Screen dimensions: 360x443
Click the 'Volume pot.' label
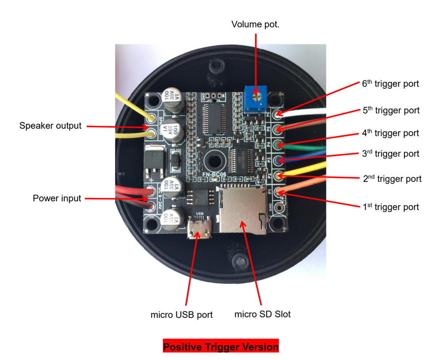[255, 24]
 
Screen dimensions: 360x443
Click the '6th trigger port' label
[390, 84]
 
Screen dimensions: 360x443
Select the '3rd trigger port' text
[390, 154]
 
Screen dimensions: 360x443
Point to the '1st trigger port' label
[390, 207]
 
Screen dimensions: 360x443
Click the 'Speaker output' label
[50, 126]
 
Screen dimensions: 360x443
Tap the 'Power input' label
[57, 198]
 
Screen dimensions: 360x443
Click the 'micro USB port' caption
[182, 315]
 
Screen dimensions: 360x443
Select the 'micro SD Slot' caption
[262, 314]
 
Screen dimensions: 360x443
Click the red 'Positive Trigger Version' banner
[221, 346]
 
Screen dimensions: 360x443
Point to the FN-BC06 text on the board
[214, 175]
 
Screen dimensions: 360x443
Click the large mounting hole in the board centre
[216, 160]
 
